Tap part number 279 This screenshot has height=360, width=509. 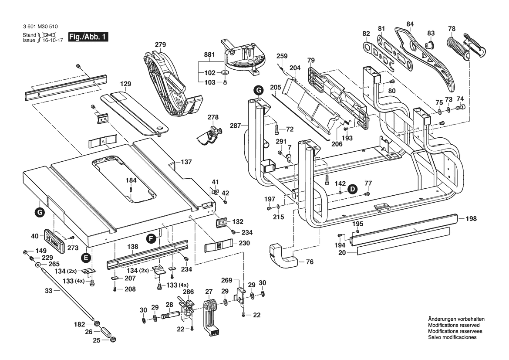pos(161,45)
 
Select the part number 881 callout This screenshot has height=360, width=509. pos(210,55)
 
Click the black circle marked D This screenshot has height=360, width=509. pos(352,189)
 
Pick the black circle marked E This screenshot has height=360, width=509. pos(86,258)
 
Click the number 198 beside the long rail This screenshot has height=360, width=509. pos(471,218)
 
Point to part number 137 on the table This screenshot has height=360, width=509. pos(186,162)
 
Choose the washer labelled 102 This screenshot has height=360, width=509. pos(225,73)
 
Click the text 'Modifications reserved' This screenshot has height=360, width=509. pos(454,325)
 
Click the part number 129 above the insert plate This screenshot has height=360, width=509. pos(125,83)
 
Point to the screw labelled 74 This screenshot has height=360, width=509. pos(460,106)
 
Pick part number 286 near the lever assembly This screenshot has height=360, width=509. pos(188,292)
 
